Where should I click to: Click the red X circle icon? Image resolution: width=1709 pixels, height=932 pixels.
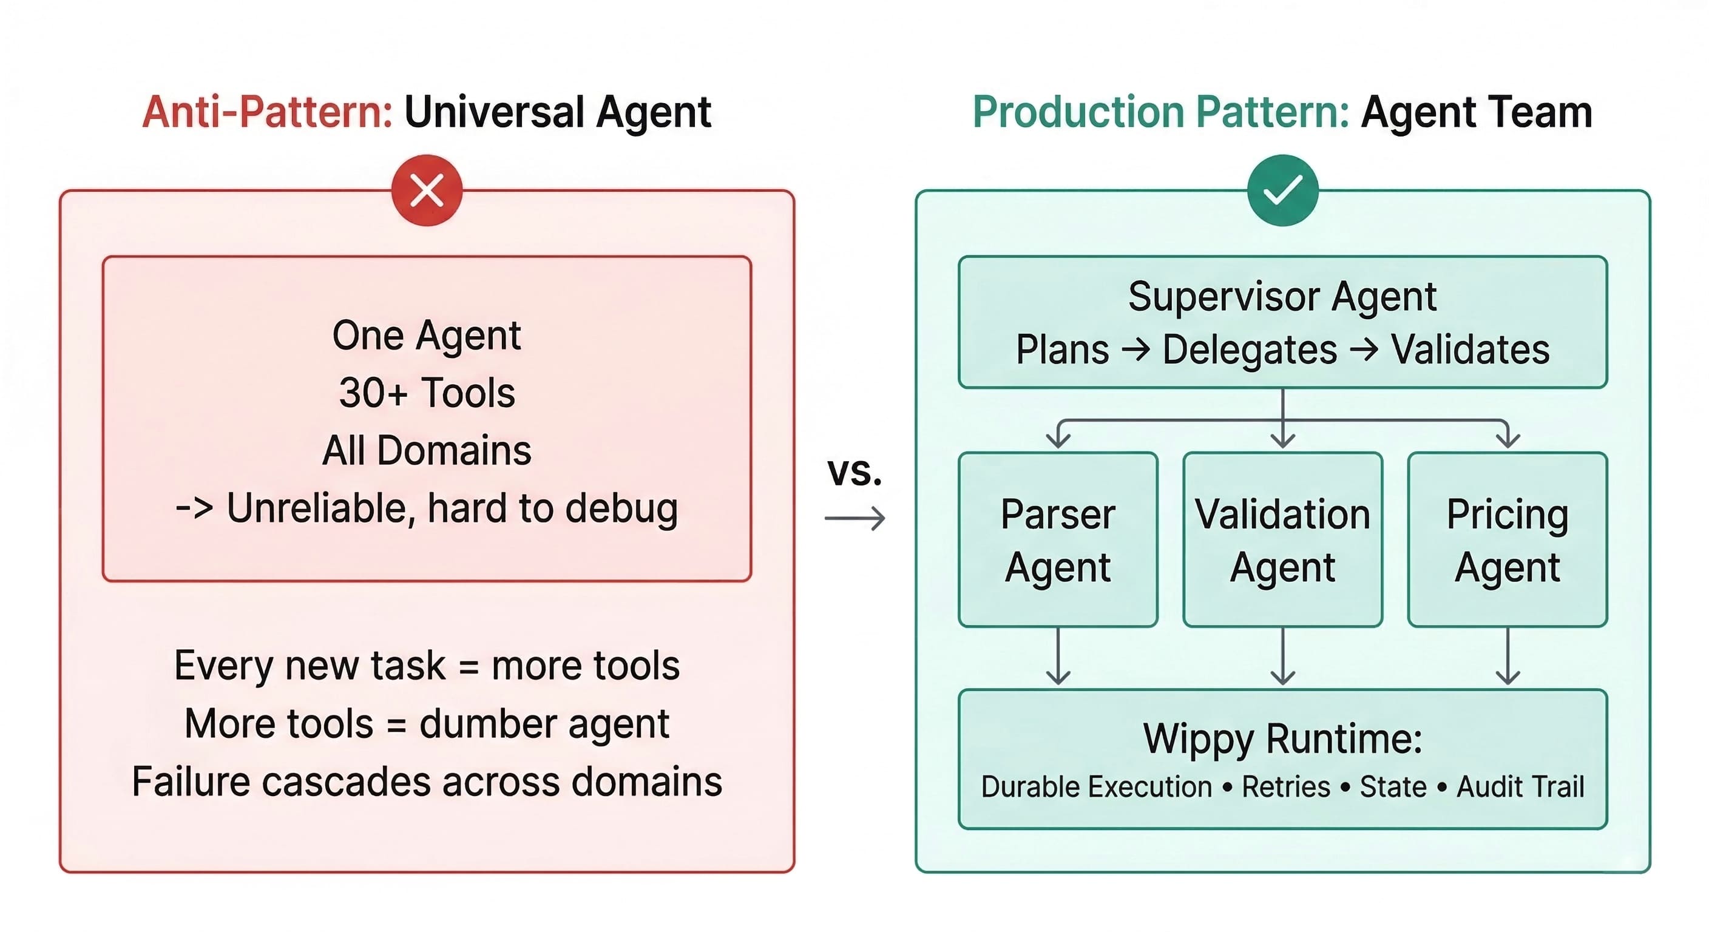coord(427,191)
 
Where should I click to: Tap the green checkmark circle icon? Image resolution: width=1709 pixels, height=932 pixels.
coord(1282,191)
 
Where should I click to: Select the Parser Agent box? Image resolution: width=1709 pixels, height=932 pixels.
coord(1058,539)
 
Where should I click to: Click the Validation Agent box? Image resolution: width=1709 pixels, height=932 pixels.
coord(1282,539)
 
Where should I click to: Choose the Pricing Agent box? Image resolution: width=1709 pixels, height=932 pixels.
coord(1507,539)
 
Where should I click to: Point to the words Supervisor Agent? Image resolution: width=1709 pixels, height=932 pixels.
coord(1282,296)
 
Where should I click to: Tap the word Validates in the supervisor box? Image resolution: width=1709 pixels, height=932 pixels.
coord(1469,349)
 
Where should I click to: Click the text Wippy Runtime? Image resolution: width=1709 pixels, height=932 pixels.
coord(1282,738)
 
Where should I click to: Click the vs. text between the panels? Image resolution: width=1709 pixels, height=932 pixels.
coord(854,471)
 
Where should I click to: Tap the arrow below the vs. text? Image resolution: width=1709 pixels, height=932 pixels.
coord(854,518)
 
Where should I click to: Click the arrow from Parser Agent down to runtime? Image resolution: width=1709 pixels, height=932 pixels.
coord(1058,657)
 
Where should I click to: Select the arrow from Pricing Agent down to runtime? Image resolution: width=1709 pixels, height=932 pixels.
coord(1508,657)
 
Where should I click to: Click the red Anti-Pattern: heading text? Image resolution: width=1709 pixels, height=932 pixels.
coord(268,112)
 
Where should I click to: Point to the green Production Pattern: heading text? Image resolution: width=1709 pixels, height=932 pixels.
coord(1160,112)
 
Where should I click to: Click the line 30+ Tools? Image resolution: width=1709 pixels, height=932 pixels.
coord(427,393)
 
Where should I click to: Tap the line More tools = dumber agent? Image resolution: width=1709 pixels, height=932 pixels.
coord(427,723)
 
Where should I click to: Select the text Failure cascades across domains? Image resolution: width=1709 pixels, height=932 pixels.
coord(427,782)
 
